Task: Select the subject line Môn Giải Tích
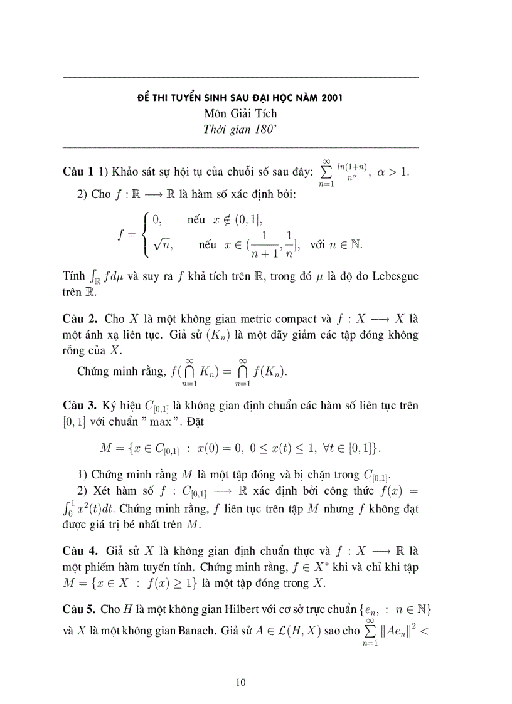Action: (240, 113)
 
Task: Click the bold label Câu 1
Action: (78, 172)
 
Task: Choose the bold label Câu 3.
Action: (80, 406)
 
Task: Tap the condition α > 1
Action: (393, 172)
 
